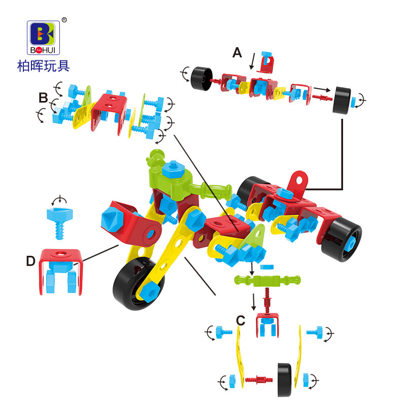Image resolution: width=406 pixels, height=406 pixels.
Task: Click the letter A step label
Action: click(237, 53)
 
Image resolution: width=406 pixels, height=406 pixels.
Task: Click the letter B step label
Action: click(43, 98)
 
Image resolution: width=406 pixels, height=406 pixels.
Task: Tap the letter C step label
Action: click(241, 321)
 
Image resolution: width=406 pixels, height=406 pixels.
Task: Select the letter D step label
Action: click(30, 261)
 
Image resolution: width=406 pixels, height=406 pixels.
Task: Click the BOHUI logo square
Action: click(44, 38)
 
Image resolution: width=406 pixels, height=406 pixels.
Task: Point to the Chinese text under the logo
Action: click(44, 66)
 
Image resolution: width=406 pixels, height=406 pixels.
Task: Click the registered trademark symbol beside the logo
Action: click(64, 20)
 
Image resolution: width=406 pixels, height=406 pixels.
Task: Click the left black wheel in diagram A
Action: click(201, 79)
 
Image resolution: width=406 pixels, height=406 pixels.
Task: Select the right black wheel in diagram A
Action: click(342, 100)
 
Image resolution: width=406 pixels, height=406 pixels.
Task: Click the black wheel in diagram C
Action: click(285, 380)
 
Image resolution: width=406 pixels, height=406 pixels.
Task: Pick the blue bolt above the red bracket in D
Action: click(59, 223)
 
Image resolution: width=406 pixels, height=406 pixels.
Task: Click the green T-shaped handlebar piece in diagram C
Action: click(267, 281)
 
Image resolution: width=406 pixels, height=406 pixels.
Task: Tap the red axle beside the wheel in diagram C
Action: click(259, 380)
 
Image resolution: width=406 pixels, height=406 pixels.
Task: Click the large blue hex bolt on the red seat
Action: click(113, 220)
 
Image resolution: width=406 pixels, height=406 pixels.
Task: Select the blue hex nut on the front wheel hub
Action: click(149, 292)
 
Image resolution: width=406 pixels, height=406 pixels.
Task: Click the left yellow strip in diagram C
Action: click(240, 357)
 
